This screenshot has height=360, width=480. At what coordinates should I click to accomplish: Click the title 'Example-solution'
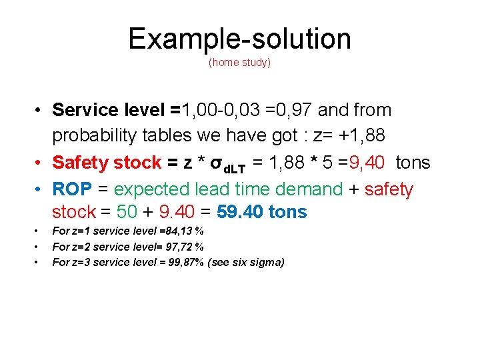point(239,39)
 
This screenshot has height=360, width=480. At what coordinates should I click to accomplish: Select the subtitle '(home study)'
point(239,63)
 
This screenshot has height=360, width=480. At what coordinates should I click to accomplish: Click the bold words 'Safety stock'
point(107,162)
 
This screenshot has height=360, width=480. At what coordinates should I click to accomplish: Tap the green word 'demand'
point(305,189)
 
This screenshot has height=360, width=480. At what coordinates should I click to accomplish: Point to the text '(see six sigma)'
point(246,262)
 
